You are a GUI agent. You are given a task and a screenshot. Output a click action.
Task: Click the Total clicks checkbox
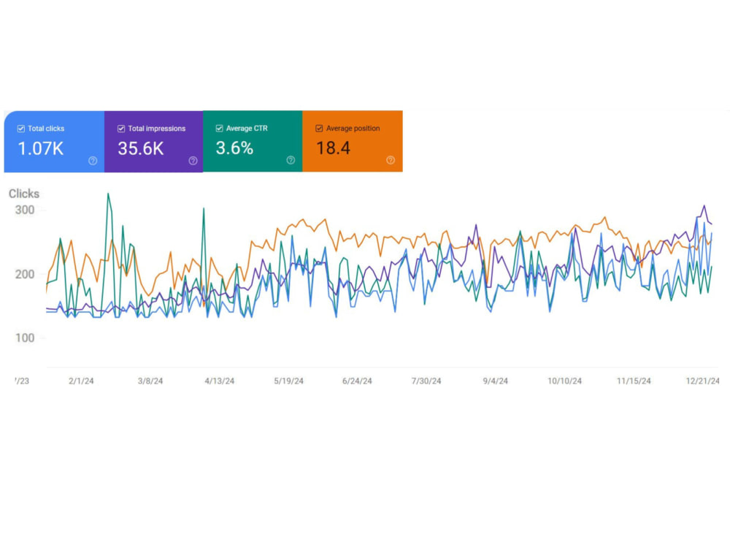click(x=21, y=129)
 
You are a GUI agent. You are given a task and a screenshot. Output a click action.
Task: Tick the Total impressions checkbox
click(x=121, y=129)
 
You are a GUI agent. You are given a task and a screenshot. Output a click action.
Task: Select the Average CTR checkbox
click(x=219, y=128)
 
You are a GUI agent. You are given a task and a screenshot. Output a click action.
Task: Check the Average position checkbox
click(x=319, y=128)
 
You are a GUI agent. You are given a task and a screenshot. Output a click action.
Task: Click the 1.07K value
click(x=40, y=148)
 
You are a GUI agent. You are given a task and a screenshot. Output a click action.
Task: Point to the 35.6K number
click(x=141, y=148)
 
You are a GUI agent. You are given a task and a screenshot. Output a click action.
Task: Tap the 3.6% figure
click(x=234, y=148)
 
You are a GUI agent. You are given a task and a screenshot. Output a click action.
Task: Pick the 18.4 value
click(x=334, y=148)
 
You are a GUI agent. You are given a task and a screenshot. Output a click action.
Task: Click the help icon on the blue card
click(x=93, y=161)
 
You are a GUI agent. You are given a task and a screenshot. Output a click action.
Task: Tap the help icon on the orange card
click(x=391, y=160)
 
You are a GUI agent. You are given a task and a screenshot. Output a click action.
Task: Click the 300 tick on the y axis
click(x=25, y=210)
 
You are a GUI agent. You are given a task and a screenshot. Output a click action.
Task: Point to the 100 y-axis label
click(x=25, y=338)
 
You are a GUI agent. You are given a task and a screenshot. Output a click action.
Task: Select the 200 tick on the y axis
click(x=25, y=274)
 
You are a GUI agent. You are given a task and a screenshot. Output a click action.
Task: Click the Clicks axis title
click(x=24, y=194)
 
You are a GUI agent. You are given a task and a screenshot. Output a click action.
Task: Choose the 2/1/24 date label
click(x=81, y=381)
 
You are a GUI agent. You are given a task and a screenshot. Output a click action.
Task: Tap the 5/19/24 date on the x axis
click(x=288, y=381)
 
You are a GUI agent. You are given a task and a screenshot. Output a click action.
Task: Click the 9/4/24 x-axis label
click(x=496, y=381)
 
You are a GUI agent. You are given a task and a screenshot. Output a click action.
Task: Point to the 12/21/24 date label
click(x=702, y=381)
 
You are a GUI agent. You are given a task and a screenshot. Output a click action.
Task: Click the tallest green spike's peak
click(x=108, y=194)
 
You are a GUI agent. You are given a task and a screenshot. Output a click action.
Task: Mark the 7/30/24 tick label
click(x=426, y=381)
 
